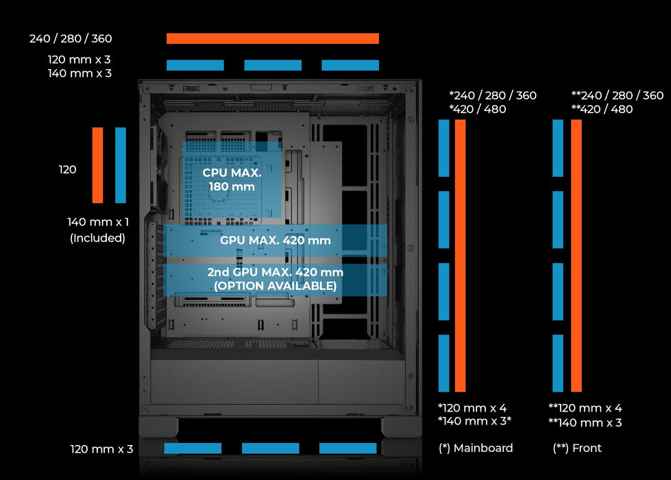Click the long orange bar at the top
coord(272,38)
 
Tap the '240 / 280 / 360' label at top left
coord(71,38)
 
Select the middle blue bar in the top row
coord(273,65)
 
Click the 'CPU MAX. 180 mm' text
coord(232,180)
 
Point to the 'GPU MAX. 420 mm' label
coord(275,241)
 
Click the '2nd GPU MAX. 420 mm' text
coord(275,272)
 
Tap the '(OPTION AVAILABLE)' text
coord(275,285)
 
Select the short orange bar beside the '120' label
coord(97,165)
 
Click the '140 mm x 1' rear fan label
coord(97,222)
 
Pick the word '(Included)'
coord(97,238)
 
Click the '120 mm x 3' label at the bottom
coord(101,449)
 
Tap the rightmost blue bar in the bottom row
coord(347,448)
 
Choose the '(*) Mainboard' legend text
coord(476,448)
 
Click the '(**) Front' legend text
coord(577,448)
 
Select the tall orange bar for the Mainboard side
coord(460,256)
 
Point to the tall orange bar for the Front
coord(576,256)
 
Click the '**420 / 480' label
coord(602,109)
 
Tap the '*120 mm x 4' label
coord(472,408)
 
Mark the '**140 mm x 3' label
coord(585,422)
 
